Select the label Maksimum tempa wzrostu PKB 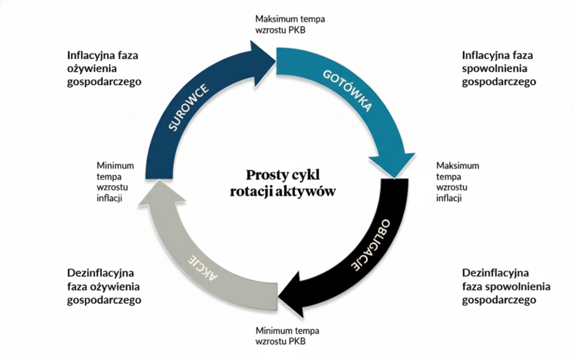[x=289, y=24]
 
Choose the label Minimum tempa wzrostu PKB [x=287, y=336]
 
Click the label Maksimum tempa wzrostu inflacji [x=457, y=182]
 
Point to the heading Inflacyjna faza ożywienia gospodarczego [x=104, y=68]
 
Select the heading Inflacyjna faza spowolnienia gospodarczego [x=499, y=68]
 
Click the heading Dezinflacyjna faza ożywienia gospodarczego [x=104, y=286]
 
